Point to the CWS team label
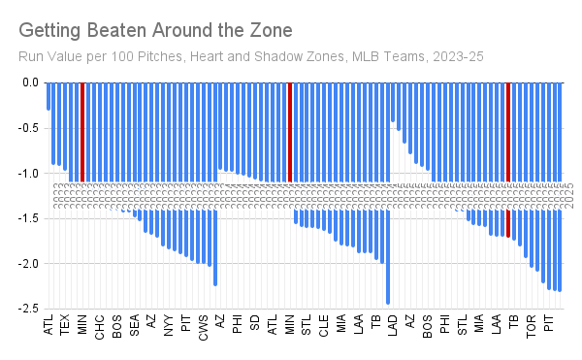coord(203,324)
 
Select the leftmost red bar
coord(82,131)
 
